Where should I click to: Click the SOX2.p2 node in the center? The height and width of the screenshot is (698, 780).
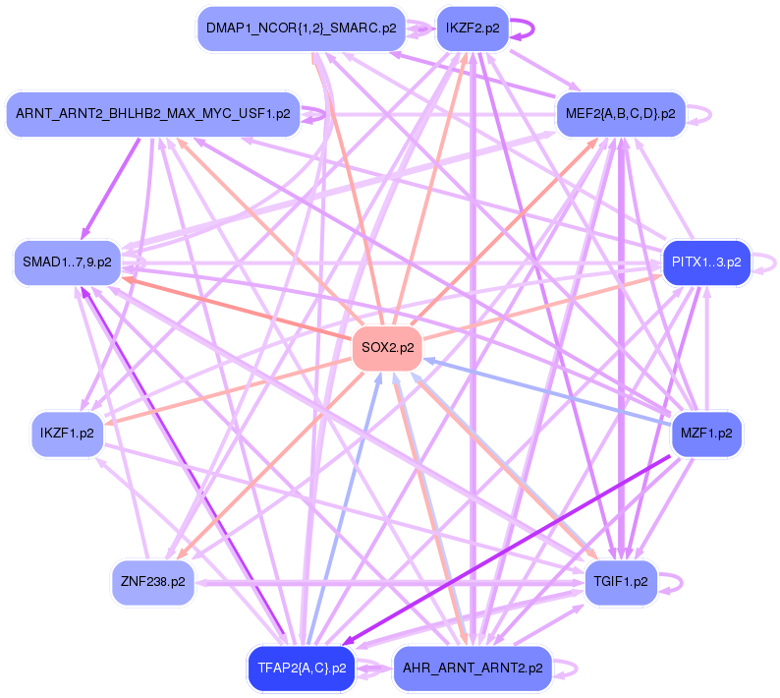pos(387,347)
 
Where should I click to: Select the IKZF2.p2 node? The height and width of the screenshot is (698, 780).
pos(472,29)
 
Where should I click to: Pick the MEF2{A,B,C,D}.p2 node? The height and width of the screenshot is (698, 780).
pos(620,114)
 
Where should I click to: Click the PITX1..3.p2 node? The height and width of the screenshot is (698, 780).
pos(706,262)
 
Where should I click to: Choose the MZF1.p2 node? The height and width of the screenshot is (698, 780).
pos(706,433)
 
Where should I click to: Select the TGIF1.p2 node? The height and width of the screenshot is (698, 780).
pos(620,581)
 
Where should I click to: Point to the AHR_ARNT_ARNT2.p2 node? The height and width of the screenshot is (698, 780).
pos(473,669)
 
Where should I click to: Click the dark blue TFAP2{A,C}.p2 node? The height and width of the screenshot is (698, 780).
pos(302,669)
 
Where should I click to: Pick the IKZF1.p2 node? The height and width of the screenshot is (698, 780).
pos(67,433)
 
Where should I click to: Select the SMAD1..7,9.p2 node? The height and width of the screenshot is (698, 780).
pos(67,262)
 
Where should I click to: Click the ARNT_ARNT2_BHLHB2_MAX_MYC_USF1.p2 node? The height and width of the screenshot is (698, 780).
pos(152,114)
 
